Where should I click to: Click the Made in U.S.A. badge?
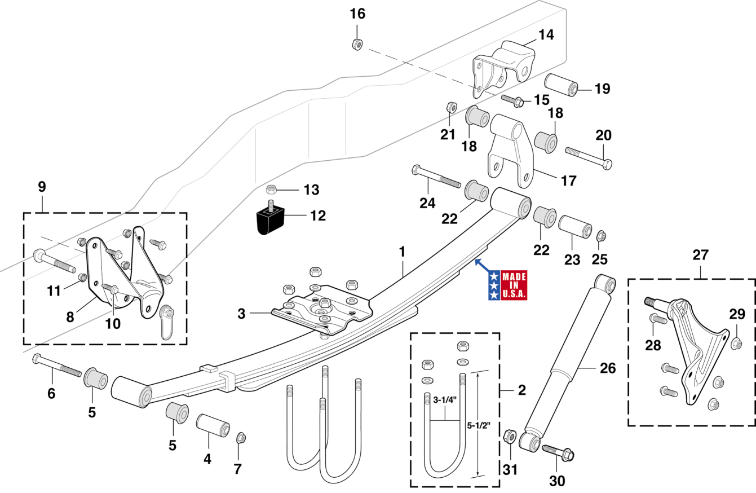click(x=507, y=285)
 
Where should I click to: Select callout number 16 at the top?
click(x=357, y=14)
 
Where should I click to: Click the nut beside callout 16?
click(x=356, y=43)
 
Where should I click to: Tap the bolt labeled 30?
click(x=558, y=451)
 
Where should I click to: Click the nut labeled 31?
click(x=509, y=436)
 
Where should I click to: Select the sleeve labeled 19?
click(x=561, y=85)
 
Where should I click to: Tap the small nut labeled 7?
click(x=240, y=437)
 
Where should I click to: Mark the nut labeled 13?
click(x=271, y=188)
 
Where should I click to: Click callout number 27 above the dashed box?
click(x=700, y=254)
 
